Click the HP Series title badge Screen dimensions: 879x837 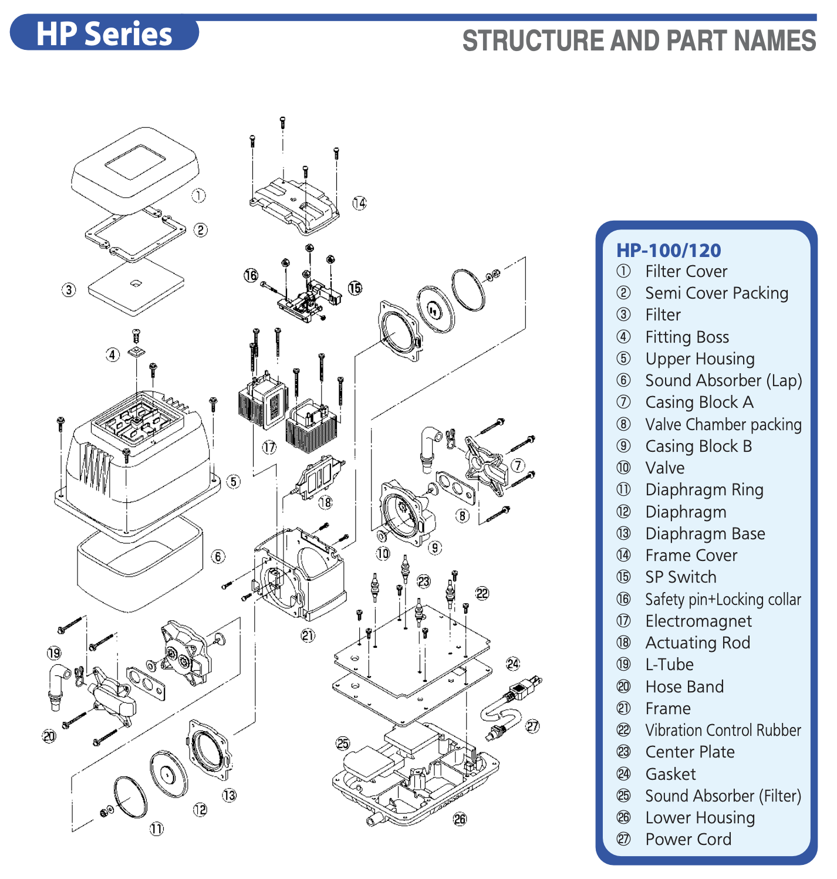(x=104, y=33)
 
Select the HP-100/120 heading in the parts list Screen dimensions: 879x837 (x=668, y=251)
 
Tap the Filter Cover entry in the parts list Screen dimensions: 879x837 (x=686, y=272)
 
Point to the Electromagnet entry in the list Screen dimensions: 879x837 (x=698, y=621)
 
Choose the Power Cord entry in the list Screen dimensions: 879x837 (x=688, y=839)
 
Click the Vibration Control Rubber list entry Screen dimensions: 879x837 (x=723, y=731)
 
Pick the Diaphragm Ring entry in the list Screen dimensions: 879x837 (x=704, y=490)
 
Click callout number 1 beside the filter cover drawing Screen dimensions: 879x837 (x=199, y=195)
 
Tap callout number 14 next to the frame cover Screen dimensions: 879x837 (x=359, y=203)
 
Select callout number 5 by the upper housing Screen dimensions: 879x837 (x=234, y=482)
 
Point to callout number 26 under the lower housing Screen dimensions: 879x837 (x=460, y=819)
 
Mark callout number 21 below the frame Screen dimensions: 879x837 (x=308, y=635)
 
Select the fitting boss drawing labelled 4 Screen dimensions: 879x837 (x=136, y=352)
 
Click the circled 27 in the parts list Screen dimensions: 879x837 (x=623, y=840)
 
